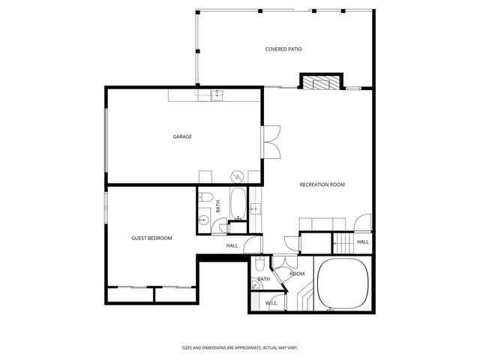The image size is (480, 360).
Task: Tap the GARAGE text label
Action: point(182,136)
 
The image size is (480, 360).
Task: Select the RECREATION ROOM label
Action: point(322,184)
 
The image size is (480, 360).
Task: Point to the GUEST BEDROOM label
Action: point(151,238)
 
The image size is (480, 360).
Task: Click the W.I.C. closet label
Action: point(271,303)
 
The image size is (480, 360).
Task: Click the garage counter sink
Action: point(217,94)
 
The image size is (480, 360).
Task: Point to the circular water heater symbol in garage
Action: point(237,176)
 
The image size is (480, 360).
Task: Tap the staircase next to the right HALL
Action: point(343,242)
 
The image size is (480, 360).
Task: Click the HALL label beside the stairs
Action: point(362,241)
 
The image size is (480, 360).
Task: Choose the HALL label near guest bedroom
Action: point(232,245)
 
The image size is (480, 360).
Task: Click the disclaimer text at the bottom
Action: point(239,347)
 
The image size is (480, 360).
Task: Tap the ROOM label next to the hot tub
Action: point(297,274)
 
